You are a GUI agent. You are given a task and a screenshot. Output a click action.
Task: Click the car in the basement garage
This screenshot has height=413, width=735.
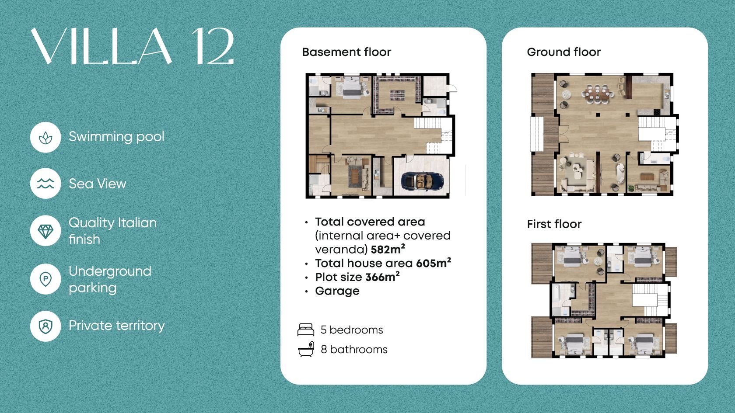[422, 181]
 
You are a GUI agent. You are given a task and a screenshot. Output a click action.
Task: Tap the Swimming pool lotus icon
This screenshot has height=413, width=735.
[45, 137]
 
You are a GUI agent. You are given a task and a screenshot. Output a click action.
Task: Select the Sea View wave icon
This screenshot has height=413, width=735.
[45, 183]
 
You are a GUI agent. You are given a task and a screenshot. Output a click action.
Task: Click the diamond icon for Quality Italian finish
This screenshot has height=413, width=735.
[45, 231]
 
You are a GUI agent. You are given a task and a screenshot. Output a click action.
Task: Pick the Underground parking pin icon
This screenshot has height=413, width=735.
[45, 279]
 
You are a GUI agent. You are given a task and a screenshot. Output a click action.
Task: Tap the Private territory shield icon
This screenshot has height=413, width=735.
[45, 326]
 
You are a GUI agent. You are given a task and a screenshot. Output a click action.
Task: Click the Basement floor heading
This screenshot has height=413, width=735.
[346, 52]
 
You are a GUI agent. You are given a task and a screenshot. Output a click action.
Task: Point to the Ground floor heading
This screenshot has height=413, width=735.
[563, 52]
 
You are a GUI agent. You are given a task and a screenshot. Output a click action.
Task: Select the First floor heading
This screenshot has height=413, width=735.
[554, 224]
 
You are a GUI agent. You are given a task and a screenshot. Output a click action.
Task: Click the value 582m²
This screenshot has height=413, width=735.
[388, 249]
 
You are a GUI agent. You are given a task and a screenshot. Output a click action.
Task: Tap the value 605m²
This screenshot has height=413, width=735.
[434, 263]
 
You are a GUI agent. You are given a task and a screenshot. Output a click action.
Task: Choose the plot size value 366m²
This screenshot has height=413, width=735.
[382, 277]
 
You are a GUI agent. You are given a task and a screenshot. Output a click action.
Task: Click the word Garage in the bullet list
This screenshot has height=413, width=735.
[337, 291]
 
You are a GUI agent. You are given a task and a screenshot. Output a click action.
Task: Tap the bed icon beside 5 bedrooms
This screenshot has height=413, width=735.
[306, 330]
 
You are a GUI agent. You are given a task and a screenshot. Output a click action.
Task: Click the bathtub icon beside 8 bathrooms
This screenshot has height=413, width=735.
[306, 349]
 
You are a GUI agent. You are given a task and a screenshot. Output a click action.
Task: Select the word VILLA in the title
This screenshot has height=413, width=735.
[101, 46]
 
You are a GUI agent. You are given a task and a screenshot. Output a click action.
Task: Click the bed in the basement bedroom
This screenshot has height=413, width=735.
[352, 87]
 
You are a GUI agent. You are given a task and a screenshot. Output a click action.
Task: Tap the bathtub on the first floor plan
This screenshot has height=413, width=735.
[556, 294]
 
